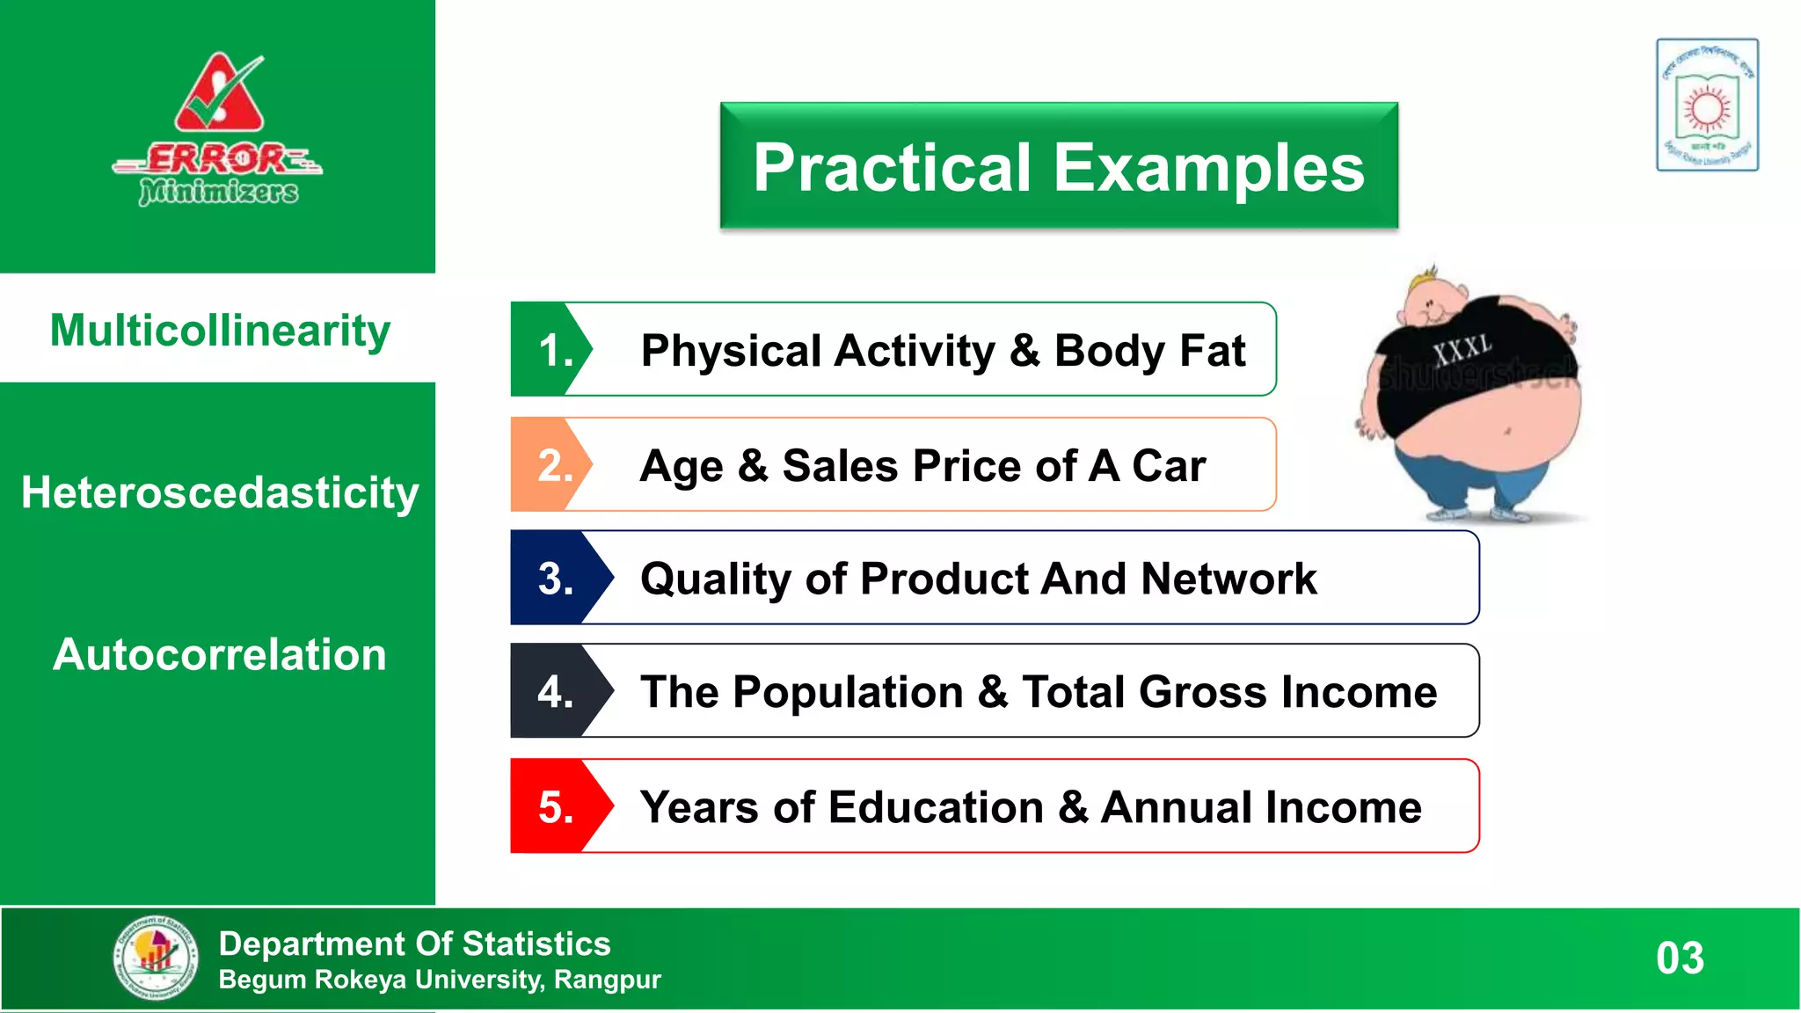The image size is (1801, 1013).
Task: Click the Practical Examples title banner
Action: pos(1059,166)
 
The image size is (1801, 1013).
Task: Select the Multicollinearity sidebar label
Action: pos(219,331)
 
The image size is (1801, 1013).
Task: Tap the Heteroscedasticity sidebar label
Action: pos(219,492)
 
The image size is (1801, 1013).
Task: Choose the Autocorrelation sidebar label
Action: pos(219,655)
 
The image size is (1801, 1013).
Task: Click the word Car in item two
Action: pos(1169,465)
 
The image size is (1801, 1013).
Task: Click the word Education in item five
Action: pos(936,807)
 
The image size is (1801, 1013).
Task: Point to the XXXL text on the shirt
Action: pos(1462,349)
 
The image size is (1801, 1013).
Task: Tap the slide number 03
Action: pos(1680,958)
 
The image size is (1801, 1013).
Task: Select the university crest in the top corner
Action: pos(1707,105)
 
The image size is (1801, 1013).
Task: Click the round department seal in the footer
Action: pos(157,958)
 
